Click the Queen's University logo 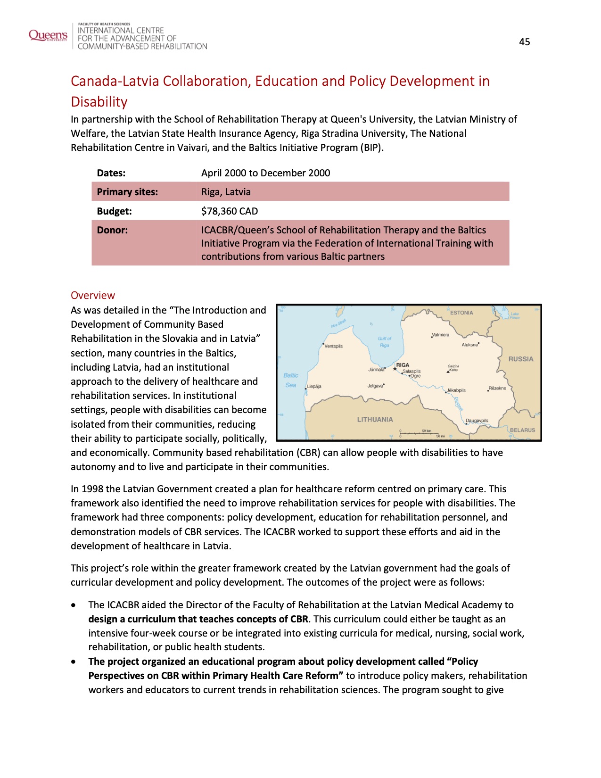pos(48,35)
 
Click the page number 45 pos(524,42)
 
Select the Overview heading pos(92,296)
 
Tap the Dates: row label pos(111,173)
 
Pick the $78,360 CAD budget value pos(230,211)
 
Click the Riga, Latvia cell pos(226,192)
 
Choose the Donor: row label pos(112,230)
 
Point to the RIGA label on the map pos(403,365)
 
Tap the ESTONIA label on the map pos(461,313)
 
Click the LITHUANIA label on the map pos(375,419)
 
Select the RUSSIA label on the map pos(521,359)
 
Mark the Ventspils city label pos(334,346)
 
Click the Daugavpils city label pos(477,421)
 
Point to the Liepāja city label pos(314,387)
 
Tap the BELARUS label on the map pos(522,430)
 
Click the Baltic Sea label pos(291,380)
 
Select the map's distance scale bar pos(420,432)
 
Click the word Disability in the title pos(99,102)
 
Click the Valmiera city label pos(441,335)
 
